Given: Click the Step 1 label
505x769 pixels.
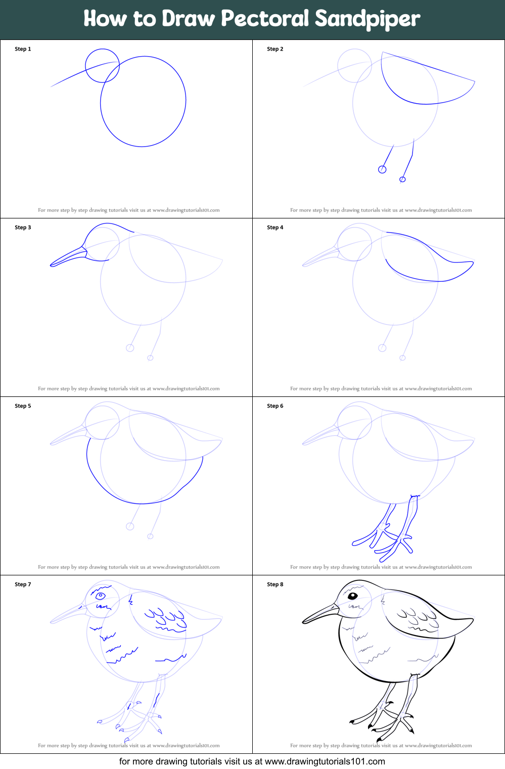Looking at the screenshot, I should point(23,49).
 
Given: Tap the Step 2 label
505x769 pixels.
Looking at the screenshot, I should point(275,49).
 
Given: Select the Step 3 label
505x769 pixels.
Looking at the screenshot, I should point(23,228).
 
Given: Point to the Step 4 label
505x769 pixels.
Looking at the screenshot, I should point(275,228).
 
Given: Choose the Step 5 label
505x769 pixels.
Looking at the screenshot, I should point(23,406).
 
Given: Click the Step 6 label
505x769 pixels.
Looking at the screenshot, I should point(275,406).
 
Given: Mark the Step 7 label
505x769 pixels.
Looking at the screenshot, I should point(23,584).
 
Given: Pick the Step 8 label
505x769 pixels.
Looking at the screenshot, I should point(275,584).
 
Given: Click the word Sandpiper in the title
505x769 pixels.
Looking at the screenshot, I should point(368,19).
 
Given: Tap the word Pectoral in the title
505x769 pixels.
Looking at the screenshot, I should point(265,19).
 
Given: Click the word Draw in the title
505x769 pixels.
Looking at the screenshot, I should point(189,19).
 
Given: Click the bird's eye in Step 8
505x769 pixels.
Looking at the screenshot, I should point(353,596).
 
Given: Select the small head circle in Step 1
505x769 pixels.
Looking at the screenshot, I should point(103,66).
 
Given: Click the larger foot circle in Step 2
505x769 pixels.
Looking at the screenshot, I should point(382,169).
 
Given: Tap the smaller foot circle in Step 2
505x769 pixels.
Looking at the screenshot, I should point(402,179).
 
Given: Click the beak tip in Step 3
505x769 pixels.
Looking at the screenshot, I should point(52,264).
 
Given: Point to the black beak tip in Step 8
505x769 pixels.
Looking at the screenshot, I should point(304,622).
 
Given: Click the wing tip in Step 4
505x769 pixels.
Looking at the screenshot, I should point(473,262).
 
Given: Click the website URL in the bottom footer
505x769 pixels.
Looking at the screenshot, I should point(325,761).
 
